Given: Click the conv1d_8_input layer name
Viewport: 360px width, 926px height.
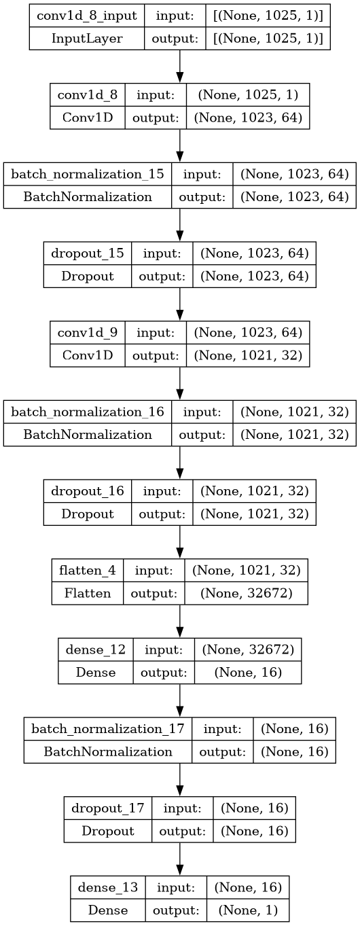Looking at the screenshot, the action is point(87,16).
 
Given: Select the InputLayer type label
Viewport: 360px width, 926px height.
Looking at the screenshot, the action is point(87,39).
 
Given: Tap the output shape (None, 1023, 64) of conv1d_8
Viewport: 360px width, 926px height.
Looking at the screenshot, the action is point(248,118).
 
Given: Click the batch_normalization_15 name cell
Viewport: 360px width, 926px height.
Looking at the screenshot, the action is point(87,174).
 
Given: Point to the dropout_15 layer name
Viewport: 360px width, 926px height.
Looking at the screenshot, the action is point(87,253).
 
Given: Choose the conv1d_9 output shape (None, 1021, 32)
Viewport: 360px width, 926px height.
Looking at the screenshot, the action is point(248,355).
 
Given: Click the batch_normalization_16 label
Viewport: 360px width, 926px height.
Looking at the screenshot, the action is point(87,412).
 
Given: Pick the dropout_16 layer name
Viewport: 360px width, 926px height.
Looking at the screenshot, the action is point(87,491).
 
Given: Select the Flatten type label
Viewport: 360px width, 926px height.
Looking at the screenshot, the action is point(87,593).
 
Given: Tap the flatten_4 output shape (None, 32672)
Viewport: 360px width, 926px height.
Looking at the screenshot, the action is point(247,593).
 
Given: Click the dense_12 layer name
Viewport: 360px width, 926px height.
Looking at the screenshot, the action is point(96,649).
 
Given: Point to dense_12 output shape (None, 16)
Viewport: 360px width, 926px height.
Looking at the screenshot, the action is point(248,672).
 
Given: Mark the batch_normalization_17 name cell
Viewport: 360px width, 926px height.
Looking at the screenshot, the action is point(108,728).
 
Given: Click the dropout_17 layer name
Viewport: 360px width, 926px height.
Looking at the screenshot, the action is point(108,808).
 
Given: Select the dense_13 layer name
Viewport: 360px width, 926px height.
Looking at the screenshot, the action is point(108,887).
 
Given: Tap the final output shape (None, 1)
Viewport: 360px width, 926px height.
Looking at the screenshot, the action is point(248,910).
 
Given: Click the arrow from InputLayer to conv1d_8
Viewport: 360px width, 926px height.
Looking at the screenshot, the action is point(180,67).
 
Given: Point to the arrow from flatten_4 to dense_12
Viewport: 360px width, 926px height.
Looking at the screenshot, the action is point(180,622).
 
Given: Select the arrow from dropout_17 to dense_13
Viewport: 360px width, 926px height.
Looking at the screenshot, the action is point(180,859).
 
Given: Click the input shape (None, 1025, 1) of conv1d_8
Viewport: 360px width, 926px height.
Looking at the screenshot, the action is point(248,95).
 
